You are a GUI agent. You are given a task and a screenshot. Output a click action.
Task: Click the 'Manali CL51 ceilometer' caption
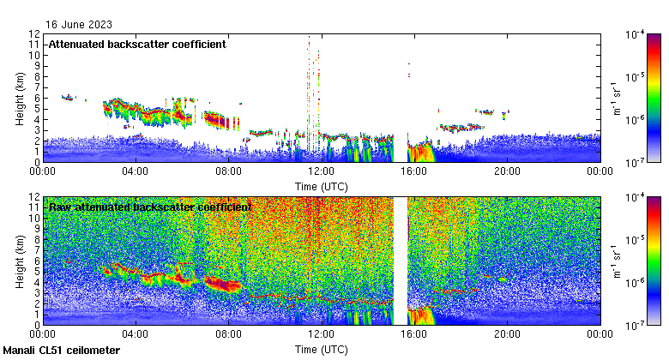(62, 351)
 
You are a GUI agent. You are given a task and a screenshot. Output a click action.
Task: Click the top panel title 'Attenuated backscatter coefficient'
(137, 45)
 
